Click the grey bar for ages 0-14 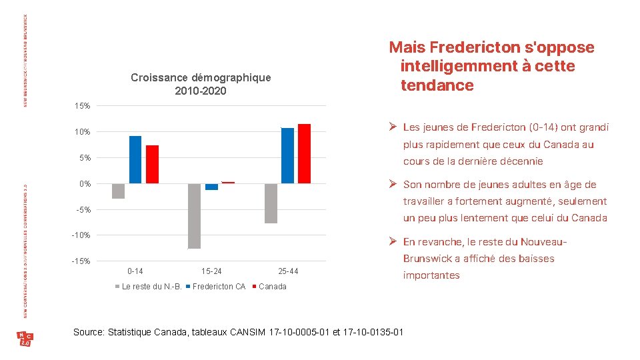(x=118, y=191)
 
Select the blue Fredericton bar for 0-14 (x=135, y=159)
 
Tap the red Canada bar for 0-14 (x=152, y=164)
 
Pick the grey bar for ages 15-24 (x=194, y=216)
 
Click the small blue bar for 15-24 (x=211, y=187)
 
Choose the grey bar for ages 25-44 (x=271, y=203)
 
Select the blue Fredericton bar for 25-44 (x=287, y=155)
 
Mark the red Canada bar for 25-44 (x=304, y=153)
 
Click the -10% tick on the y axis (x=81, y=235)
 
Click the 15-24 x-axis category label (x=211, y=271)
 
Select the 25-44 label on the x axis (x=288, y=271)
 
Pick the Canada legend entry (x=272, y=287)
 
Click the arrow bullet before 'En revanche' (x=393, y=242)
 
